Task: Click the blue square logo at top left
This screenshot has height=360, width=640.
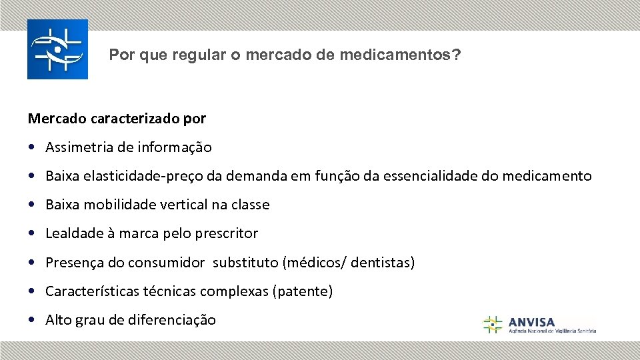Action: point(57,49)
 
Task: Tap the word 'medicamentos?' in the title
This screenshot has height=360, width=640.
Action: point(400,55)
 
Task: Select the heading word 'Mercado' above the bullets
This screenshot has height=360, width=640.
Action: point(55,119)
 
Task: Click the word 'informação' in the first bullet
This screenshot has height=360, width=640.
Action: point(178,147)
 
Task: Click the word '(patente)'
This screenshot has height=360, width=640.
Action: point(303,291)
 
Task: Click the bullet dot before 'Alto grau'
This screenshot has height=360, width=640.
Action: point(33,320)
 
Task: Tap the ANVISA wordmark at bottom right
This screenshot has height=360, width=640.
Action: point(531,322)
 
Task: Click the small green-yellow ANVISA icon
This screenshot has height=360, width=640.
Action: point(492,325)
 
